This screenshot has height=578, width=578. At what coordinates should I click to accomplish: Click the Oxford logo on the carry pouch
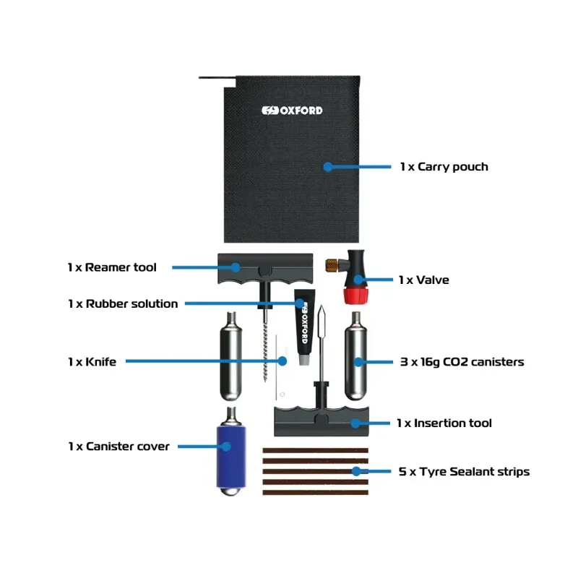coord(292,111)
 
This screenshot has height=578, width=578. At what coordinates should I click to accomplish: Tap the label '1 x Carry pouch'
coord(444,167)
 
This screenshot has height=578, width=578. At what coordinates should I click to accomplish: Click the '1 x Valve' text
coord(423,280)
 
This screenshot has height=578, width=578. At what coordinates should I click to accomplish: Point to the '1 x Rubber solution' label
coord(123,303)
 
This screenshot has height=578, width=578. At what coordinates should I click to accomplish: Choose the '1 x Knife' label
coord(92,361)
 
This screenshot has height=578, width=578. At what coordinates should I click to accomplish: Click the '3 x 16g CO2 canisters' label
coord(461,361)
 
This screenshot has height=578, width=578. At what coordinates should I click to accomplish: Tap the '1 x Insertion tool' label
coord(444,423)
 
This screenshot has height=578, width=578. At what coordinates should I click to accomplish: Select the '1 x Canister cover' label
coord(119,447)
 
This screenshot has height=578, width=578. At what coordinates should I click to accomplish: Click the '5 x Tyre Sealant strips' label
coord(464,472)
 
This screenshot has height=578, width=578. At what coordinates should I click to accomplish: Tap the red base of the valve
coord(355,295)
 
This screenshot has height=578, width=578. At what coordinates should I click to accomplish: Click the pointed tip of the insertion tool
coord(322,312)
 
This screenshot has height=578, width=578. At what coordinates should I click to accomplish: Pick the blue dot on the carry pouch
coord(327,167)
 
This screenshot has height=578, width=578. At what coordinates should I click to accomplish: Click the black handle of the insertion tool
coord(322,419)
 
